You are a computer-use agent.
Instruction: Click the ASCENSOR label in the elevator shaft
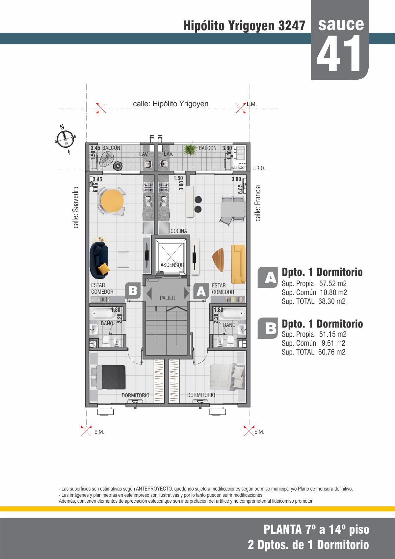point(172,265)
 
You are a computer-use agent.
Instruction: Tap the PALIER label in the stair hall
point(167,298)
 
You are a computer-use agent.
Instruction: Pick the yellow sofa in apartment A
point(238,264)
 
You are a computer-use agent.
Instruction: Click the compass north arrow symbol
point(66,139)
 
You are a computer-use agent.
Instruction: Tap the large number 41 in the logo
point(339,53)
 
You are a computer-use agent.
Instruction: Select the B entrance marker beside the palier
point(133,290)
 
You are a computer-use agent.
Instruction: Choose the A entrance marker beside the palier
point(201,291)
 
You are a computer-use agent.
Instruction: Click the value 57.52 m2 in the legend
point(333,283)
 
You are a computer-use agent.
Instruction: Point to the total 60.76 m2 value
point(332,352)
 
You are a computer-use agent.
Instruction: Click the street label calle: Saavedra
point(76,207)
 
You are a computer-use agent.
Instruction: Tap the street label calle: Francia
point(258,203)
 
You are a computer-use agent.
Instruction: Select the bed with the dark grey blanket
point(108,377)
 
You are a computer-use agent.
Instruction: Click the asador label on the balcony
point(240,168)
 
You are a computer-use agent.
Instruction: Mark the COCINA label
point(179,231)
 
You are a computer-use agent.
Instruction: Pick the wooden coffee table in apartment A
point(218,260)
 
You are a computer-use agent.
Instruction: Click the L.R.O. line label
point(258,168)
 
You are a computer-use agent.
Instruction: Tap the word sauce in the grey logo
point(341,24)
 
